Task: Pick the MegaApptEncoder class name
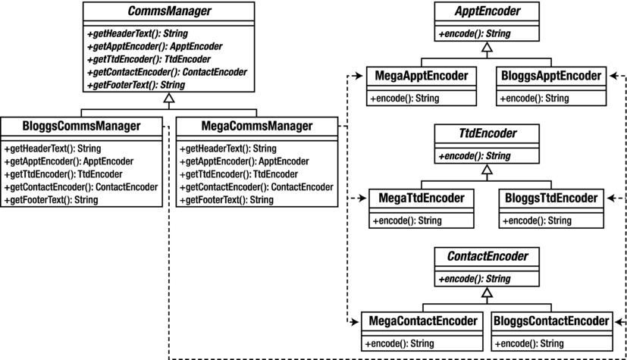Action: tap(422, 77)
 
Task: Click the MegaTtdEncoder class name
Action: tap(422, 199)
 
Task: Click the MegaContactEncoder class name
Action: tap(422, 321)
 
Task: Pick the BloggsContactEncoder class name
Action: tap(551, 321)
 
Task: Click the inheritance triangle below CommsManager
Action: tap(169, 99)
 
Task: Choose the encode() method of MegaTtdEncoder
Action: tap(406, 221)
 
